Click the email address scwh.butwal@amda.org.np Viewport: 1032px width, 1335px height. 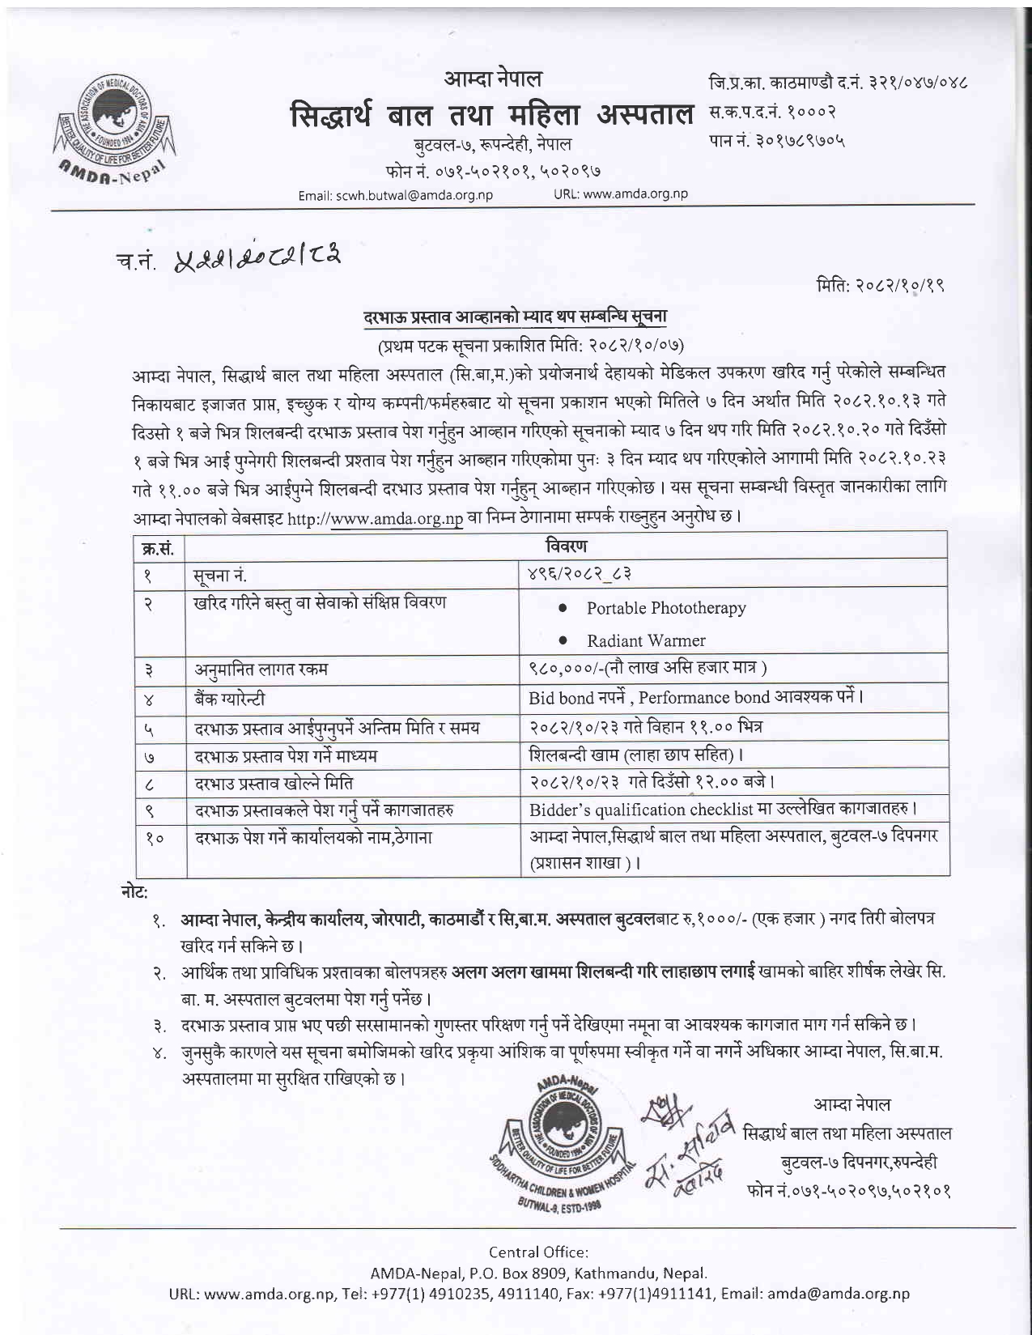(395, 194)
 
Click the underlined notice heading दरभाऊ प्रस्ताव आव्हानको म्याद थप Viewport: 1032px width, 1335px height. (515, 317)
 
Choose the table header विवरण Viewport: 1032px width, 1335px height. (567, 546)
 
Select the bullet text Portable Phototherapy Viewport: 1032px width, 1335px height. (666, 608)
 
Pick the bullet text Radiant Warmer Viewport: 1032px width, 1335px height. (646, 640)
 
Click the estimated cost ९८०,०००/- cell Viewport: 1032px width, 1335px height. (648, 669)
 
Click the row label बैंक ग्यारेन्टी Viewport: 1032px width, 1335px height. (229, 698)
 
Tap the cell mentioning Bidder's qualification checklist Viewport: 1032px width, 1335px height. (723, 810)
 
